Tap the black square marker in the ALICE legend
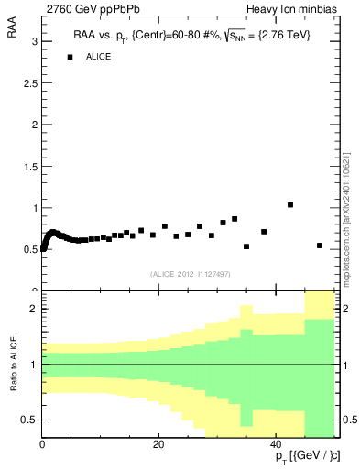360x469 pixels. tap(69, 57)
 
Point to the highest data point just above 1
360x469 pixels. tap(290, 205)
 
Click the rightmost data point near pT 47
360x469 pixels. tap(320, 245)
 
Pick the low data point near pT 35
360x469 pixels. tap(246, 246)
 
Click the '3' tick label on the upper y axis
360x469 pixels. tap(34, 42)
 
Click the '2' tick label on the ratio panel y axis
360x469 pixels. tap(34, 309)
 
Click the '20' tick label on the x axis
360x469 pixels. tap(159, 445)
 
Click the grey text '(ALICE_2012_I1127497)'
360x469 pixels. tap(191, 274)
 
